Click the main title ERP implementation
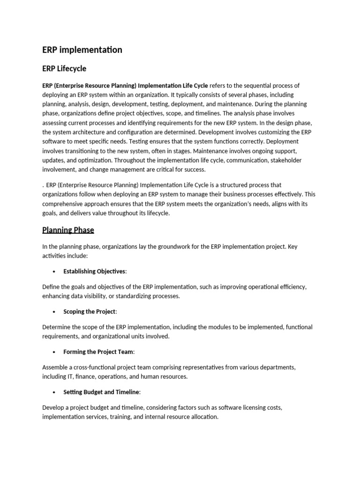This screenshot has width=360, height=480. tap(82, 50)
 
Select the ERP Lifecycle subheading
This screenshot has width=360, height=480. tap(64, 68)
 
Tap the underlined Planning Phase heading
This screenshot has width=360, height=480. tap(68, 230)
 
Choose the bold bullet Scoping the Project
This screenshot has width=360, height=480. tap(90, 312)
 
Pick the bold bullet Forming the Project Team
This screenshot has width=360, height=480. tap(98, 352)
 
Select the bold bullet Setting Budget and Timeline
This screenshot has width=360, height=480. tap(102, 392)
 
